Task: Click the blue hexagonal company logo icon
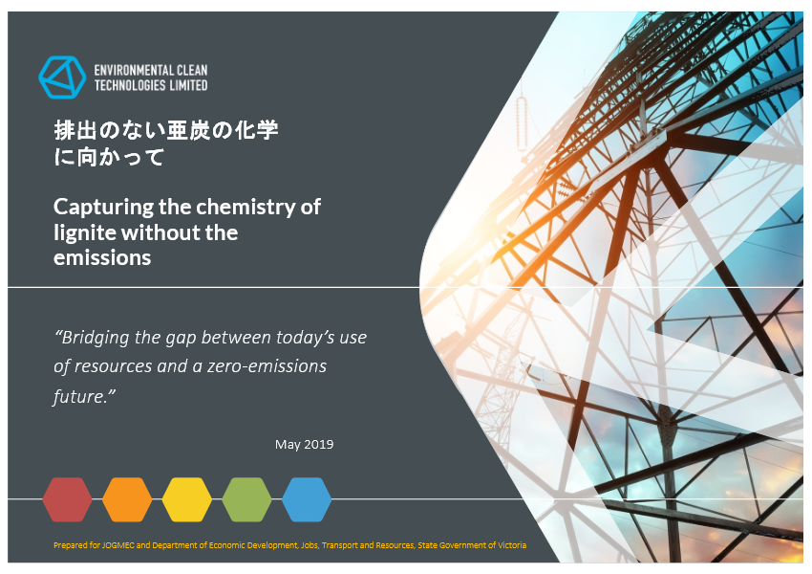62,77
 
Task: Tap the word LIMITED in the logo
188,85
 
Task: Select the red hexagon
67,499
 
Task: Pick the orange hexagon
127,499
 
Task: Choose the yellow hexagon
187,499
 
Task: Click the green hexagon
246,499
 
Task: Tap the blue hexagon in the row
307,499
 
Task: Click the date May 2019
304,444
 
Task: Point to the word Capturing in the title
104,208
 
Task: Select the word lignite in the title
85,232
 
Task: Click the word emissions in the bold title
102,257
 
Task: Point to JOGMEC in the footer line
118,545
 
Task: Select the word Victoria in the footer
512,545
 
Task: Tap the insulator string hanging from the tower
522,121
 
